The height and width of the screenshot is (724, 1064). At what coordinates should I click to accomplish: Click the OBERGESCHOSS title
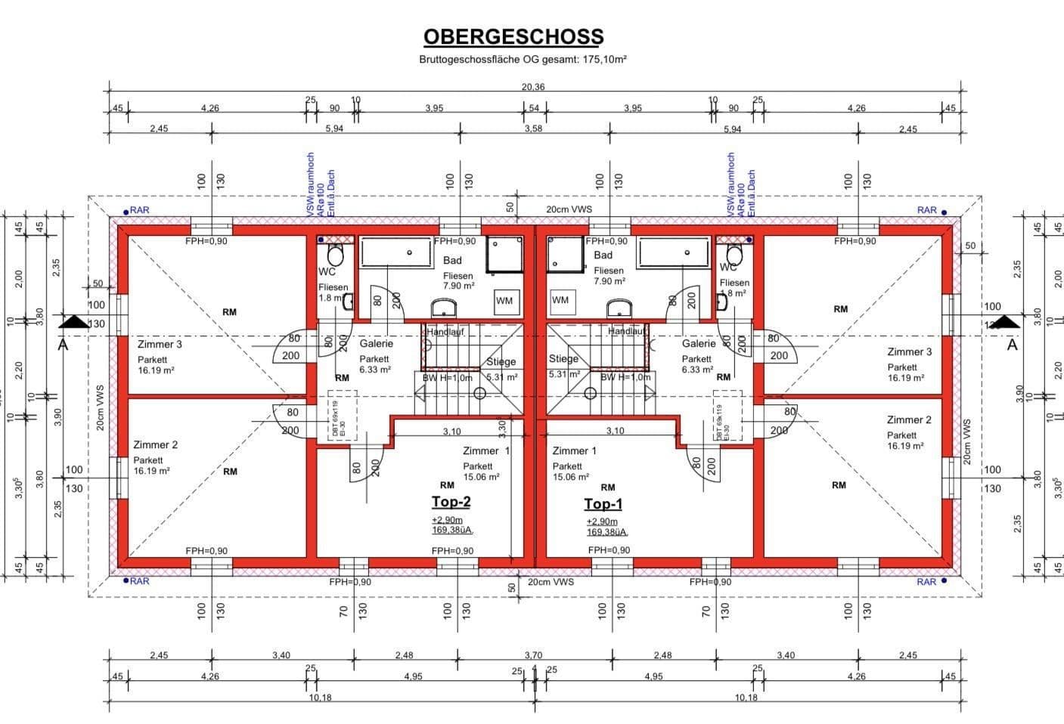tap(513, 36)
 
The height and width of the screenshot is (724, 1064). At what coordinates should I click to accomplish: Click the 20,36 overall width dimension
tap(533, 87)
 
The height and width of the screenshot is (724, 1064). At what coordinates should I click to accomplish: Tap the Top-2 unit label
tap(451, 502)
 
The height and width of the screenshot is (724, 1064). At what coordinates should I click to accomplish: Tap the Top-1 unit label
tap(603, 504)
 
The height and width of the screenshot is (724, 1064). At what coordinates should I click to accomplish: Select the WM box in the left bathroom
tap(504, 301)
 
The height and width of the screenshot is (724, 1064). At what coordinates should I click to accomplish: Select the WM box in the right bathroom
tap(560, 300)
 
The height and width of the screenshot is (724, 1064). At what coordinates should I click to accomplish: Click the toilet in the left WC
tap(335, 255)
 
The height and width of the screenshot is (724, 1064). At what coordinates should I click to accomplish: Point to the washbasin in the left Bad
tap(445, 308)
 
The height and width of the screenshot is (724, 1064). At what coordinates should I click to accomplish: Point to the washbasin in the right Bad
tap(620, 308)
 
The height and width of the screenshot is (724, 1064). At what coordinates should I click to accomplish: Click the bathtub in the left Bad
tap(394, 252)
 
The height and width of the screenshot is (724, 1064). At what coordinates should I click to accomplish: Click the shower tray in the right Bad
tap(566, 254)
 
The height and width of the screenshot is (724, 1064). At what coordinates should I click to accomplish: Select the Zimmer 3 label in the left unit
tap(160, 345)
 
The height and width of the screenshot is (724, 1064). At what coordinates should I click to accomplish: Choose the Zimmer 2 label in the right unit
tap(909, 420)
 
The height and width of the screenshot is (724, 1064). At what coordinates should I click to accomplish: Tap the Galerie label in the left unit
tap(376, 344)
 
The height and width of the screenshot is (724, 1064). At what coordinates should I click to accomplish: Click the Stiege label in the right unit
tap(563, 359)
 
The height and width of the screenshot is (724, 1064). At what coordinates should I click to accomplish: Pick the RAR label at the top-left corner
tap(139, 210)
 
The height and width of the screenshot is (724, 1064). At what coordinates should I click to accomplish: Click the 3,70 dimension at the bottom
tap(533, 655)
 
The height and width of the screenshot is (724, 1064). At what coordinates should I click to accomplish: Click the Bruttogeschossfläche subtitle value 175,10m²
tap(604, 59)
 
